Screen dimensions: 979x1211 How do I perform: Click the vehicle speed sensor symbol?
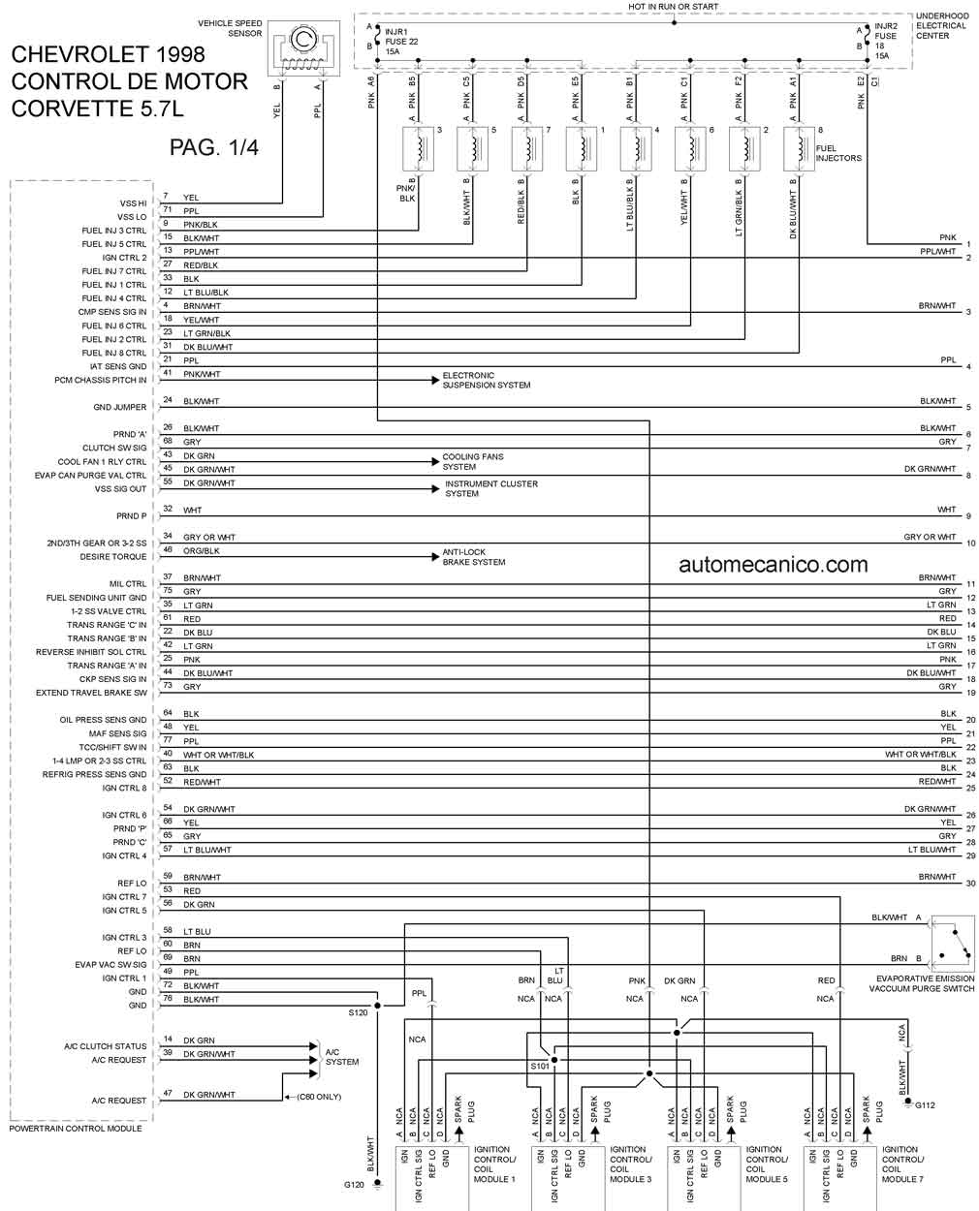click(x=303, y=48)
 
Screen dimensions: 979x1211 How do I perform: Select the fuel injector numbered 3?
click(x=418, y=149)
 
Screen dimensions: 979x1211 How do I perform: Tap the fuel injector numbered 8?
click(x=800, y=149)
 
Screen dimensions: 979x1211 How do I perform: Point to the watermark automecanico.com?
click(x=774, y=565)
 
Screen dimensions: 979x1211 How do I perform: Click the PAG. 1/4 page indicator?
click(x=214, y=148)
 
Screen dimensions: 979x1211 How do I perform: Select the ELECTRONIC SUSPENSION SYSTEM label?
click(x=487, y=380)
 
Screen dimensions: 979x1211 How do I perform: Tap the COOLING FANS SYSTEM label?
click(x=473, y=462)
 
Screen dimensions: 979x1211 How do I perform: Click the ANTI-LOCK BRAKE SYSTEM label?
click(x=474, y=557)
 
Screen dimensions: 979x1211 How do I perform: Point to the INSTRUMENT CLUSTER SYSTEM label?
click(x=490, y=488)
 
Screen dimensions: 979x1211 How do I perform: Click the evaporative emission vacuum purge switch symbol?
click(x=954, y=944)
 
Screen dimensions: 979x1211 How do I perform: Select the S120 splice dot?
click(x=377, y=1006)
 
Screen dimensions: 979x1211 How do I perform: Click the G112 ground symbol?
click(x=908, y=1101)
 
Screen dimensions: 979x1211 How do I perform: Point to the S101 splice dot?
click(x=554, y=1060)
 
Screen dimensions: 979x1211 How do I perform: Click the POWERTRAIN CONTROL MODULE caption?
click(x=76, y=1128)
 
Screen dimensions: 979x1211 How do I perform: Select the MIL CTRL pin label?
click(x=128, y=584)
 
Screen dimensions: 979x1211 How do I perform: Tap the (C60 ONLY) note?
click(x=319, y=1096)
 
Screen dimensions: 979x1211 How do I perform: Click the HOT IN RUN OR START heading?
click(x=673, y=6)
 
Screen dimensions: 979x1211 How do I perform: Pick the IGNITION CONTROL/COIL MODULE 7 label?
click(x=902, y=1164)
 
